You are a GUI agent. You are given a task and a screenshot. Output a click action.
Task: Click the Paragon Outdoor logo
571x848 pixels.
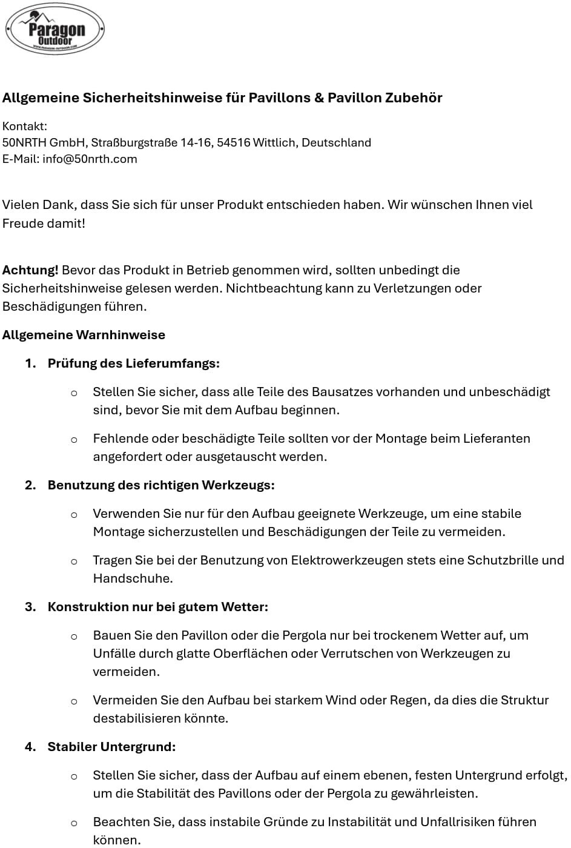point(54,29)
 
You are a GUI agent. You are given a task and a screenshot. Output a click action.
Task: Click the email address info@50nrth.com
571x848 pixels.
point(90,159)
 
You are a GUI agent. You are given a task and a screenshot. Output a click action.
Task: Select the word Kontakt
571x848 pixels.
point(24,127)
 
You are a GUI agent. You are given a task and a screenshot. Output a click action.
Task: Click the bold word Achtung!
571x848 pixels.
point(30,270)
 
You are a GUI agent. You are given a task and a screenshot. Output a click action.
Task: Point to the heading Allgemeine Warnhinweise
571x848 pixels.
point(84,335)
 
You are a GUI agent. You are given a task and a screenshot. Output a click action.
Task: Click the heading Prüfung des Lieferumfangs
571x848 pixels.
point(133,363)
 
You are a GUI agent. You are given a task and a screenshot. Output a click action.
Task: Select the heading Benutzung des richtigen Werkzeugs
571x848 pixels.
point(161,485)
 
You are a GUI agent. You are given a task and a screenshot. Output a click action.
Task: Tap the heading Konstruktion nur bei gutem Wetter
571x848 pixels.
point(157,607)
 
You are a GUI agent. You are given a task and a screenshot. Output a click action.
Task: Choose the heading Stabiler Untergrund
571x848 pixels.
point(111,747)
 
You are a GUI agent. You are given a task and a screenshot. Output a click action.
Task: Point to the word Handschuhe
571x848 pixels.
point(132,578)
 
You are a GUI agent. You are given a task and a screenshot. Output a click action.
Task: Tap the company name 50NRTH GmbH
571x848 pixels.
point(43,143)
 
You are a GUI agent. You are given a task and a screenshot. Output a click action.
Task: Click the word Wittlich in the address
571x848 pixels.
point(274,143)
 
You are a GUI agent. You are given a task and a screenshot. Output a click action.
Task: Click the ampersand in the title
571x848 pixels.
point(319,98)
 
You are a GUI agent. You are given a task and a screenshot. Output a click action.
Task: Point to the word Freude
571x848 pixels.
point(22,224)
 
